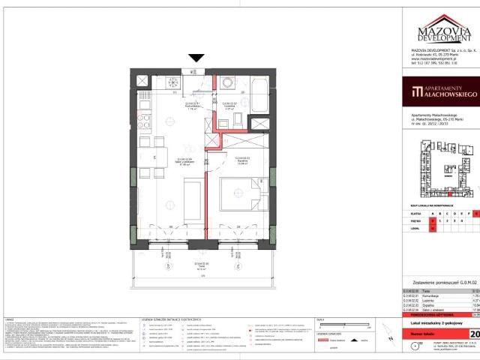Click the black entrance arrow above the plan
pos(196,58)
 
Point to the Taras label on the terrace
pos(197,265)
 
